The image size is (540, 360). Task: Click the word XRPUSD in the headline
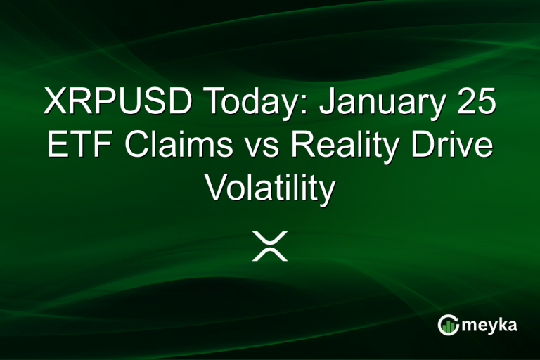(x=119, y=103)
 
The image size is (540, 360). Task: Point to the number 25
(x=475, y=103)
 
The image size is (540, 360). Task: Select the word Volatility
(x=269, y=189)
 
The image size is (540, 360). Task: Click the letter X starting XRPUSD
(x=56, y=103)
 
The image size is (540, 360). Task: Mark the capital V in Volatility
(x=216, y=188)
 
